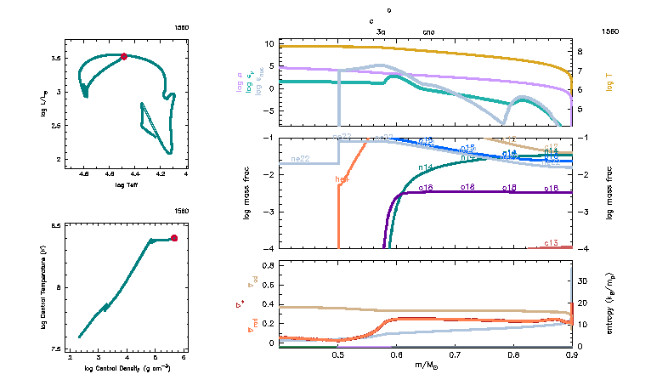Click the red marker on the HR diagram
click(124, 56)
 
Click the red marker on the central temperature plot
click(174, 238)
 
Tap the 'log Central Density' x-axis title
click(127, 367)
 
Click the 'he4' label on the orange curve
click(342, 179)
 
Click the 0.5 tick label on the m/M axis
click(338, 355)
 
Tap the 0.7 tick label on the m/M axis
click(455, 355)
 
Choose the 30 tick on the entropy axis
click(583, 280)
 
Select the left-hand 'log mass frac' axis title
click(247, 194)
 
